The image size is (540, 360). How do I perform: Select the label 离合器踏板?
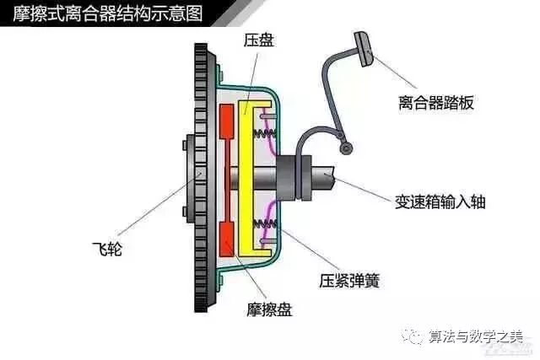click(x=436, y=103)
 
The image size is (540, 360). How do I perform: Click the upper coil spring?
click(x=267, y=129)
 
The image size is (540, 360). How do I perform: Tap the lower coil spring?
click(x=267, y=223)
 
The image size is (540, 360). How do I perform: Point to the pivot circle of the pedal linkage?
click(x=344, y=148)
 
